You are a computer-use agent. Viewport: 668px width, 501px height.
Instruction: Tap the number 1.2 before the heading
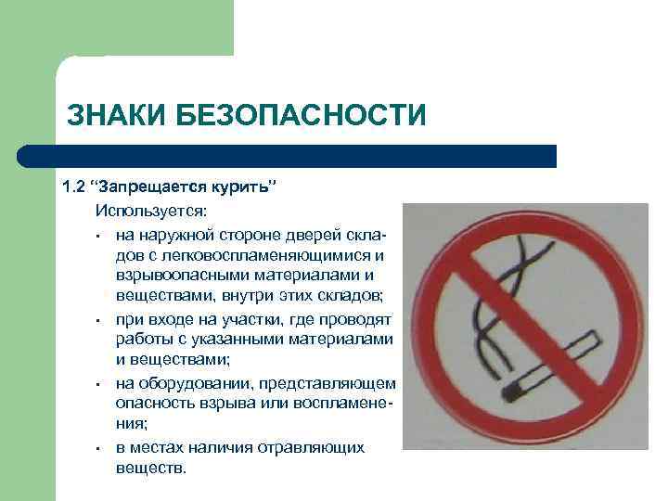(x=73, y=186)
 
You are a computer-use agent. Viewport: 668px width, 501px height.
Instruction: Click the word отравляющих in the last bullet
(x=319, y=447)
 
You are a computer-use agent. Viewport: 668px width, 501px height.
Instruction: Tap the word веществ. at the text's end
(x=151, y=469)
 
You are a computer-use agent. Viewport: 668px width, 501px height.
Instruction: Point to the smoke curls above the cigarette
(x=511, y=279)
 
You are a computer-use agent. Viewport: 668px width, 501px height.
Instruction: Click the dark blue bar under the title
(x=306, y=155)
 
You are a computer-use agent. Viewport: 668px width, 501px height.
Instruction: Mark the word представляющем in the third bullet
(x=341, y=383)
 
